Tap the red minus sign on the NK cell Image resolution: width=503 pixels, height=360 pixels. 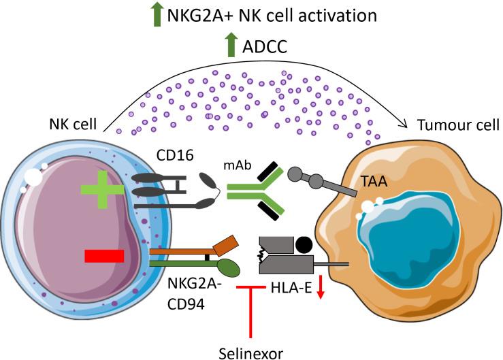[104, 255]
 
